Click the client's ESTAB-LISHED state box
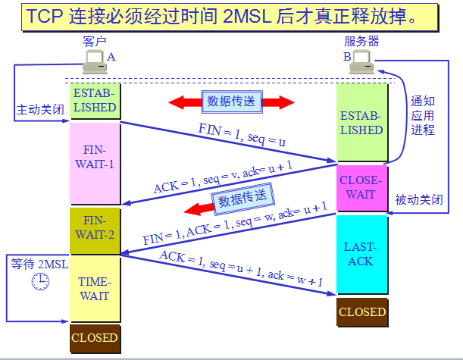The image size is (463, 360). (x=95, y=101)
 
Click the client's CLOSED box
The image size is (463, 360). (x=95, y=337)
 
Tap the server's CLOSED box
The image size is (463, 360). (x=361, y=311)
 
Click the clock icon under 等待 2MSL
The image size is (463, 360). (x=40, y=282)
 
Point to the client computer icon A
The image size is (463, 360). (x=95, y=60)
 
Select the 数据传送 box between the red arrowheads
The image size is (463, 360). (x=231, y=102)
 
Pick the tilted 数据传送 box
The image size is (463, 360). (x=243, y=199)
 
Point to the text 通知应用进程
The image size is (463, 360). (x=423, y=115)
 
